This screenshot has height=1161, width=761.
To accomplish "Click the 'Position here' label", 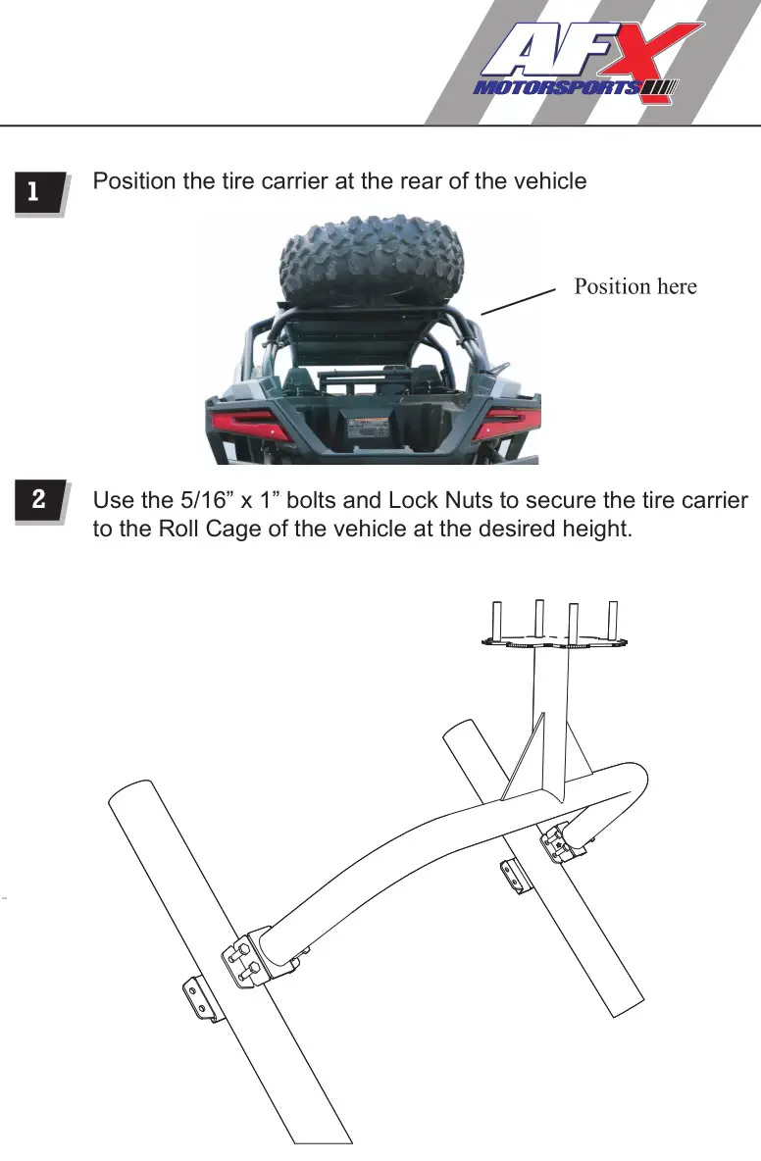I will [x=634, y=286].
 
